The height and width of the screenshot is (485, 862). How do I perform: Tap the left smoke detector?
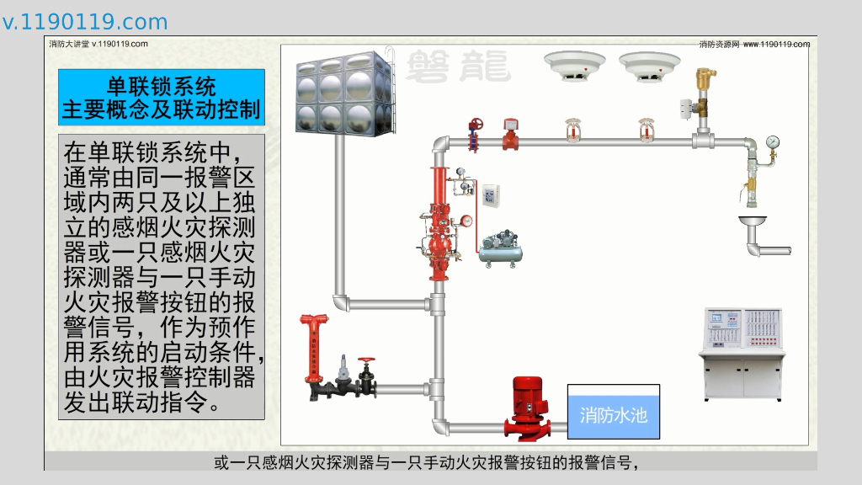[575, 67]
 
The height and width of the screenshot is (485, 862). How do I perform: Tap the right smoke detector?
[649, 67]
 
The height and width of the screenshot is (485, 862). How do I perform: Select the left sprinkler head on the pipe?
[572, 130]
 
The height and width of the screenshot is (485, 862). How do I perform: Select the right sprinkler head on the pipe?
[646, 130]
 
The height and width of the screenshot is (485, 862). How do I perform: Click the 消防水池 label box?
[613, 413]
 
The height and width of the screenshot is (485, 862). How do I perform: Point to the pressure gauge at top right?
[773, 141]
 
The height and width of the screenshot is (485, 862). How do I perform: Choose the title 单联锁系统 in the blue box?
[162, 86]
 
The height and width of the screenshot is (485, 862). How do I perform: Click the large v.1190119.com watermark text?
[85, 22]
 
